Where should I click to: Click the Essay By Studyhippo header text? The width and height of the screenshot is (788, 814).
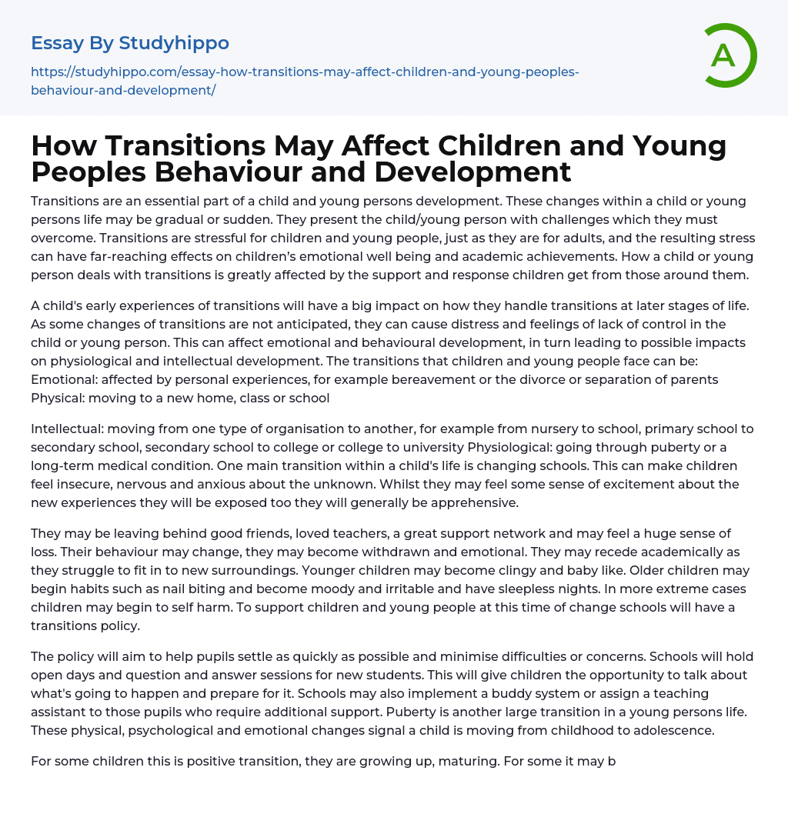point(130,43)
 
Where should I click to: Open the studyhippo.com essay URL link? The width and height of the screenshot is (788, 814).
point(305,81)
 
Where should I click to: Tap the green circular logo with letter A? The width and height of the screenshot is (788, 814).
point(725,55)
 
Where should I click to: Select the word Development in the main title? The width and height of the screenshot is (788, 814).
point(469,172)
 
